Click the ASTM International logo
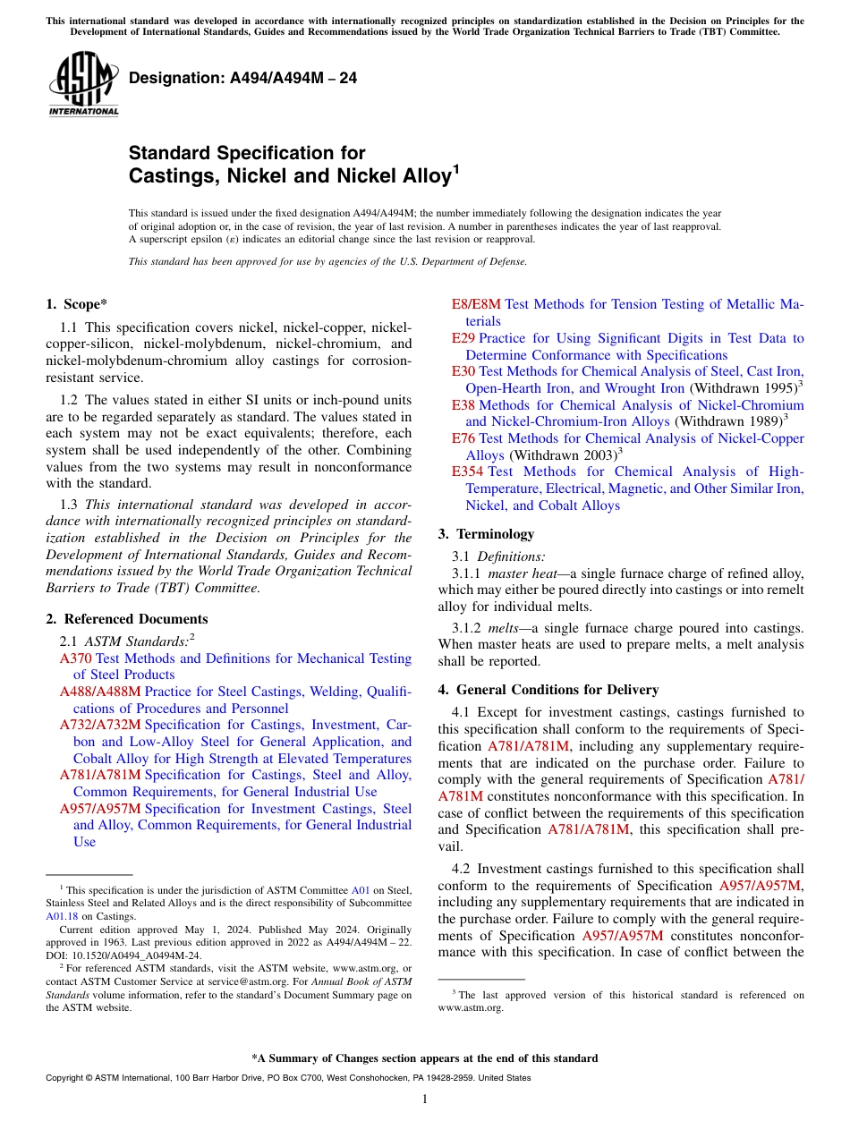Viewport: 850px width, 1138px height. tap(83, 83)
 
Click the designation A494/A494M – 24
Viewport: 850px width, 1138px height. tap(242, 78)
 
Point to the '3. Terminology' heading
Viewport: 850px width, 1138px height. tap(486, 534)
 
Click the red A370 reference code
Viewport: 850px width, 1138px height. tap(75, 658)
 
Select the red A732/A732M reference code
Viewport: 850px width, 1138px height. tap(99, 725)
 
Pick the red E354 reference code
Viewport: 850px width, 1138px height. tap(468, 471)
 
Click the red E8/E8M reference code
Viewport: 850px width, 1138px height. tap(476, 304)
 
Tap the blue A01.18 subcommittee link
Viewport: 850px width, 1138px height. tap(61, 916)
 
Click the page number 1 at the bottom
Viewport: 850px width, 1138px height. tap(425, 1099)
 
